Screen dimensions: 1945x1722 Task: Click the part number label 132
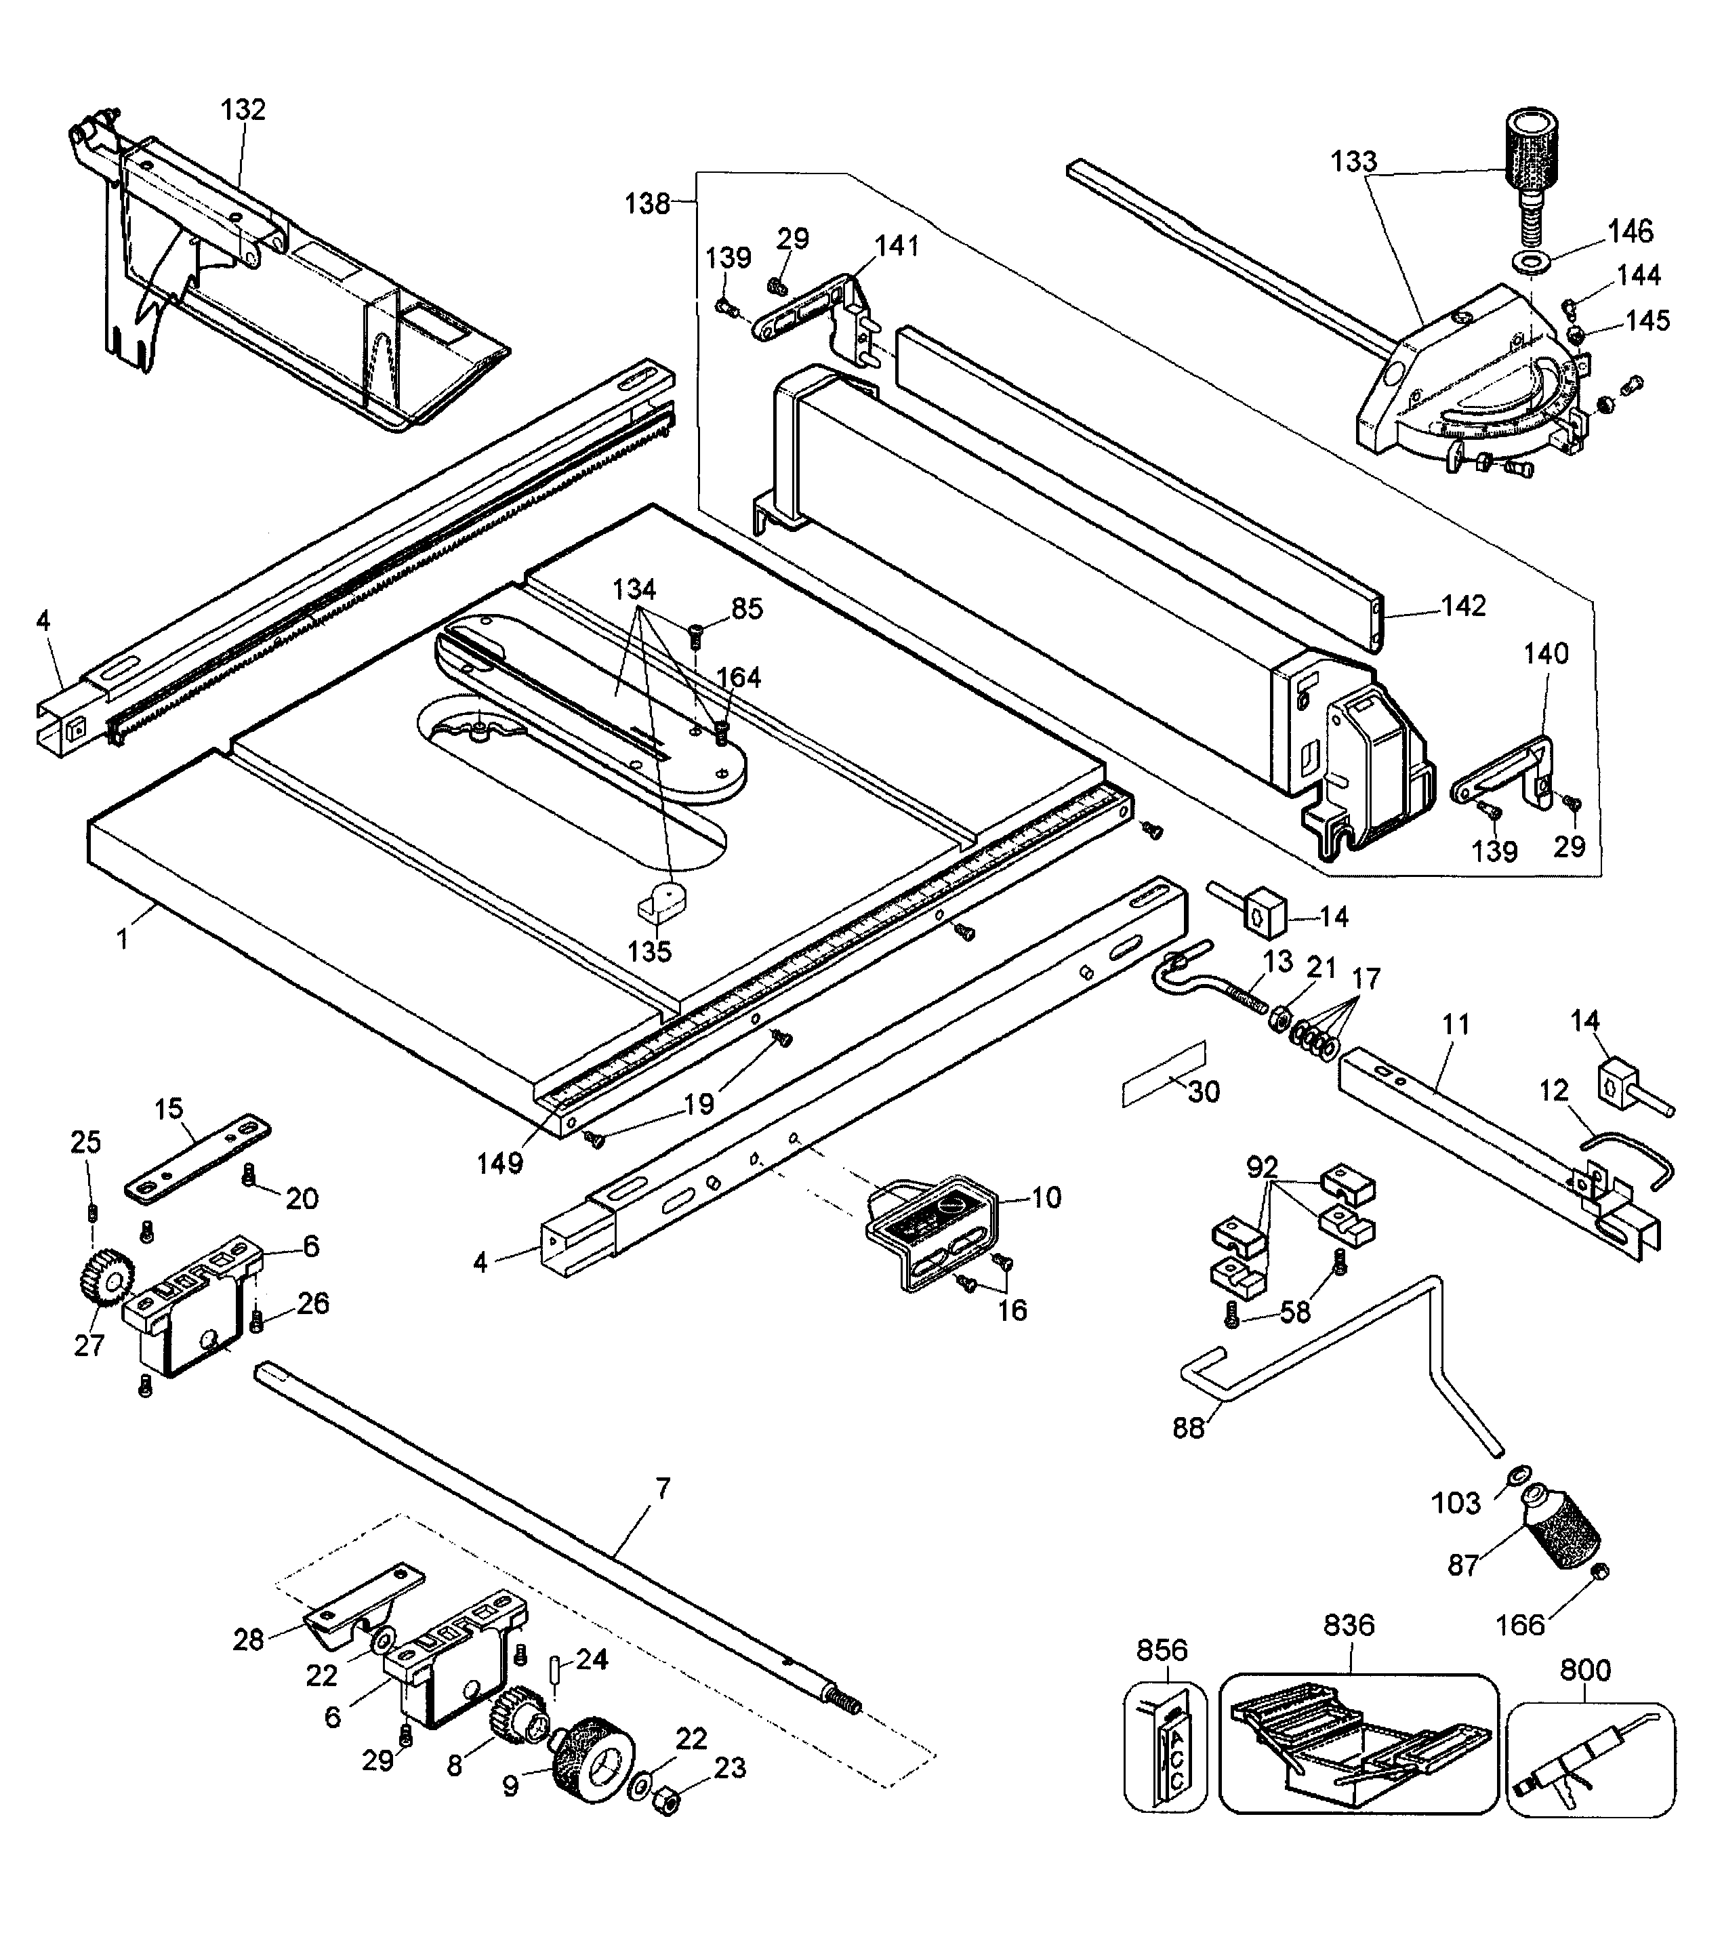243,109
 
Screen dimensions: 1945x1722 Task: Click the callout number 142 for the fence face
1462,606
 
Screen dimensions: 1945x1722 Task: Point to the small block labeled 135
662,899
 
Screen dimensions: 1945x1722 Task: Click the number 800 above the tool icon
1585,1670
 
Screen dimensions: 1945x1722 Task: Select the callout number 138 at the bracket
647,203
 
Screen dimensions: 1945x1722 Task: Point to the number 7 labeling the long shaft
662,1488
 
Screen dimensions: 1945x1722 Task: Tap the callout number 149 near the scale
499,1163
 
